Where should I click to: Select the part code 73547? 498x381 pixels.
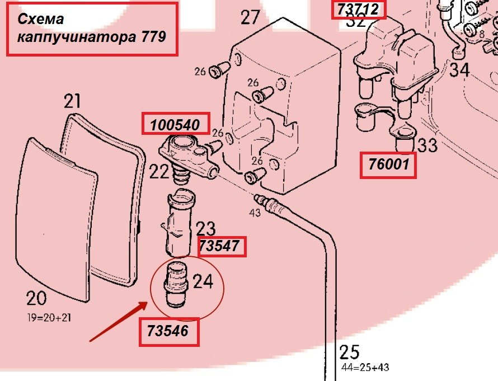click(222, 246)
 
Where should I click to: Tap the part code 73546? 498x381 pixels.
click(168, 331)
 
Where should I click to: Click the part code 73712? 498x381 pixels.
click(359, 10)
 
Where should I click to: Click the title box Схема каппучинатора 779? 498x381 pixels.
click(92, 29)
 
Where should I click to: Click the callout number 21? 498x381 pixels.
click(72, 101)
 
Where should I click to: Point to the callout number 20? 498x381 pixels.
click(36, 298)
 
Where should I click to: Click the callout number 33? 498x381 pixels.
click(427, 145)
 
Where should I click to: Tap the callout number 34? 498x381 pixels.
click(460, 70)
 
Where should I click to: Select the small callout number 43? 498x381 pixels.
click(255, 213)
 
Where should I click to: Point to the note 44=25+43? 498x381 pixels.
click(365, 368)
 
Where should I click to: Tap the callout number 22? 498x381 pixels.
click(159, 171)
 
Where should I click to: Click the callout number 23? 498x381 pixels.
click(205, 228)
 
